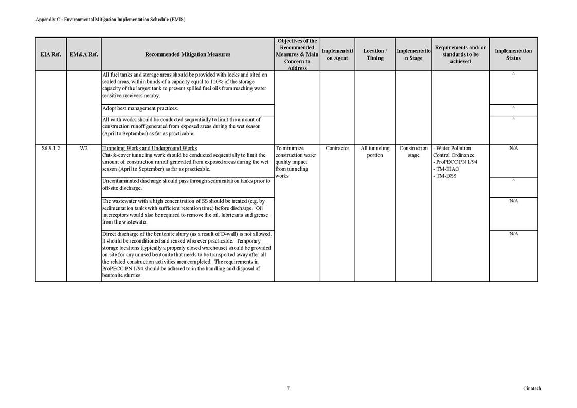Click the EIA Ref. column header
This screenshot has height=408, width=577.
tap(50, 54)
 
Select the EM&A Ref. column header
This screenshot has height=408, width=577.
tap(84, 54)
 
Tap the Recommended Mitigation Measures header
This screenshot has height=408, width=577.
tap(188, 54)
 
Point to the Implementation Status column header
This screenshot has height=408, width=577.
tap(513, 54)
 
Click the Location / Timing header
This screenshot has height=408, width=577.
tap(375, 54)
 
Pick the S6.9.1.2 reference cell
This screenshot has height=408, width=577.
tap(50, 149)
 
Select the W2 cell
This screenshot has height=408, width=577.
tap(84, 149)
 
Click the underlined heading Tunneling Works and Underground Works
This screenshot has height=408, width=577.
tap(150, 149)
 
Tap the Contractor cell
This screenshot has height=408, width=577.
tap(337, 149)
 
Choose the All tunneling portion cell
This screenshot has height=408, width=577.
tap(375, 152)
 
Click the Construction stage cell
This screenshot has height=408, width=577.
tap(413, 152)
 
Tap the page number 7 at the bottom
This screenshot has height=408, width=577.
tap(288, 388)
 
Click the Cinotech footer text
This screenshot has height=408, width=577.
tap(532, 388)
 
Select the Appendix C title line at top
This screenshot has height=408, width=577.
tap(110, 20)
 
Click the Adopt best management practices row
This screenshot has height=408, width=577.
tap(140, 108)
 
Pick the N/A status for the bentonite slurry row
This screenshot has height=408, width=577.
tap(513, 234)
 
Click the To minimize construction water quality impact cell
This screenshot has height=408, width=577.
tap(296, 162)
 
